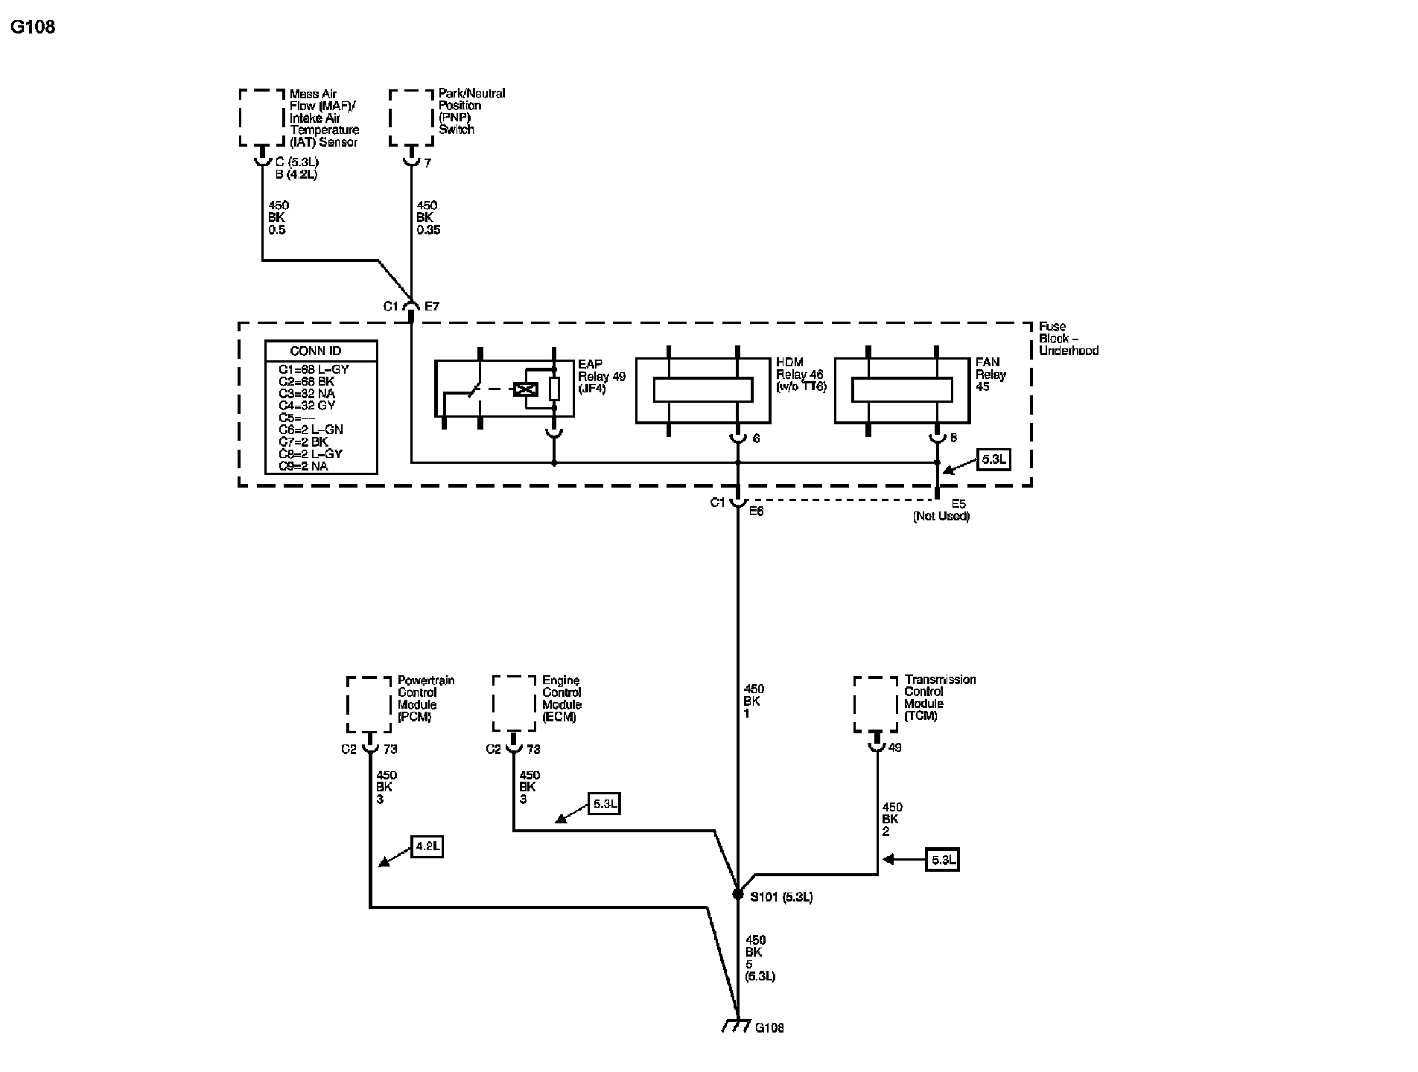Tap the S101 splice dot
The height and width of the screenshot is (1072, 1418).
tap(737, 894)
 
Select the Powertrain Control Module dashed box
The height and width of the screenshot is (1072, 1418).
tap(369, 704)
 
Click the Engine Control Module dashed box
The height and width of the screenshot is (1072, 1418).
tap(515, 704)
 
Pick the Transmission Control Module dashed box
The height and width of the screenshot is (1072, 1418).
tap(876, 704)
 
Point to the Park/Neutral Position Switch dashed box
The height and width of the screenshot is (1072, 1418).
tap(411, 118)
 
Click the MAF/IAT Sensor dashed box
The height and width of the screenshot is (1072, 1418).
tap(262, 118)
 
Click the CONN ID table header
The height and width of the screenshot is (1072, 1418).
tap(321, 351)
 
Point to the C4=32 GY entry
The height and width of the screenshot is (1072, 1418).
tap(307, 406)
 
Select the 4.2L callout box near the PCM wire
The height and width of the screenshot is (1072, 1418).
tap(427, 847)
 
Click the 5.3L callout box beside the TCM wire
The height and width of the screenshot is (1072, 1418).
tap(942, 860)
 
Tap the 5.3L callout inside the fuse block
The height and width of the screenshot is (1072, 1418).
tap(993, 459)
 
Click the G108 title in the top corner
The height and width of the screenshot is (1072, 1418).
tap(34, 28)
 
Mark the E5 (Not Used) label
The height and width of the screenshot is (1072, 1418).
tap(942, 511)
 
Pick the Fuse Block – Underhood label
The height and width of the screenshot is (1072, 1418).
tap(1068, 338)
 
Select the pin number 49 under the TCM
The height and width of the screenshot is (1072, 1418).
tap(894, 748)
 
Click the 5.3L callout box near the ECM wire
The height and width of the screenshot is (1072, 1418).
tap(604, 804)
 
